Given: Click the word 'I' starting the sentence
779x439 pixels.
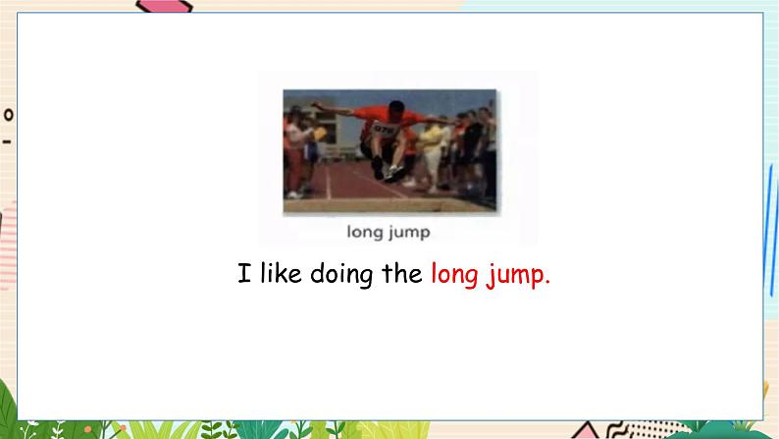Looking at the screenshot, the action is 244,273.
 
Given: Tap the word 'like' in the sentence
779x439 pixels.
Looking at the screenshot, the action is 281,273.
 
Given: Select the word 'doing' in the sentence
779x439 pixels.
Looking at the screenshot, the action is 341,275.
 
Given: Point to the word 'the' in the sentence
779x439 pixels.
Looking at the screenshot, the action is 402,273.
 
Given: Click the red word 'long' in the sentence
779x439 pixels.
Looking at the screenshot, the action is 454,275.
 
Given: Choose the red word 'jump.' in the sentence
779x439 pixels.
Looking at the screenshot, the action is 518,275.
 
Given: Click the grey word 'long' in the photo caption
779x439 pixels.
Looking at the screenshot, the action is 364,233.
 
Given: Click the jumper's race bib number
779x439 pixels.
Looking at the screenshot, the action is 386,130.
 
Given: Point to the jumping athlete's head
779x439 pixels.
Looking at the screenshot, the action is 395,109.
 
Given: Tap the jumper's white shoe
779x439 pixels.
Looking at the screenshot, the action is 394,173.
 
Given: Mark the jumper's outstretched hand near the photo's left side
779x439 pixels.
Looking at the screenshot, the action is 317,105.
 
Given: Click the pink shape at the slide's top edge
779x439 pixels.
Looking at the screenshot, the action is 164,6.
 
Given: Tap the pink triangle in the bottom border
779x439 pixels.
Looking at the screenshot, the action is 586,430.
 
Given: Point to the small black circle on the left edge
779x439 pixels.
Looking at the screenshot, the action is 8,115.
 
